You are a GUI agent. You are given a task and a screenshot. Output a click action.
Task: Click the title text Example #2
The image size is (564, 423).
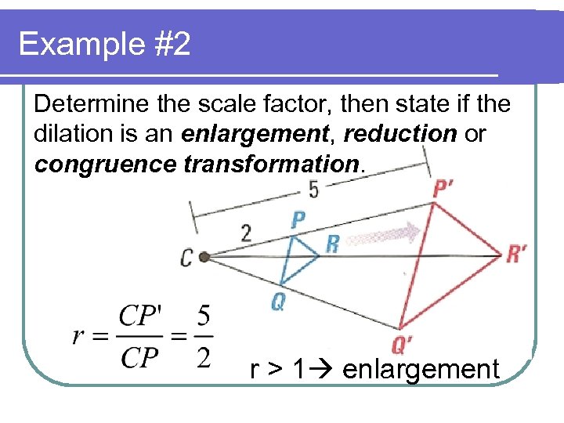(104, 44)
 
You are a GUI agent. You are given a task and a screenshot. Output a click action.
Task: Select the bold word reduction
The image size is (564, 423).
(399, 134)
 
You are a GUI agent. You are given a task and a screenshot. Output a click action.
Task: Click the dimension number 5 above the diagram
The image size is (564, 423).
(313, 190)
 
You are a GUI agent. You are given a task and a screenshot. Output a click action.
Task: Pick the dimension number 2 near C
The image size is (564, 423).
(246, 233)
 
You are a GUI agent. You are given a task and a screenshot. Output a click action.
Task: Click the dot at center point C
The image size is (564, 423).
(204, 256)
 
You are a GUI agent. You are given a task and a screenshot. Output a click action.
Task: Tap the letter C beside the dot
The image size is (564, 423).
(186, 257)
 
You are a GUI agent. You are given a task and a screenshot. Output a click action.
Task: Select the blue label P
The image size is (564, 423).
(298, 219)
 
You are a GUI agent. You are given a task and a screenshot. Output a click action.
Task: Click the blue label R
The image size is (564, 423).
(332, 244)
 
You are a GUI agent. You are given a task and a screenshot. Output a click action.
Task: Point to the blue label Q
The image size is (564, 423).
(277, 302)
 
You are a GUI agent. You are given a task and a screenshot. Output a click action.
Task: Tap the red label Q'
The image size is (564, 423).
(402, 344)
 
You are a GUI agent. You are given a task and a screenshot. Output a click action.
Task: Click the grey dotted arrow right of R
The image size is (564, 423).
(385, 235)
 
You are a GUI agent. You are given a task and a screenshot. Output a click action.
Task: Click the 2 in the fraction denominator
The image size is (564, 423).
(203, 357)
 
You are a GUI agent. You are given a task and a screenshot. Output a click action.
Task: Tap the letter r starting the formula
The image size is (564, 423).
(78, 337)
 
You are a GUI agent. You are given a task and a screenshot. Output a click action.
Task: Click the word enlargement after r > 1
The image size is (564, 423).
(421, 368)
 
